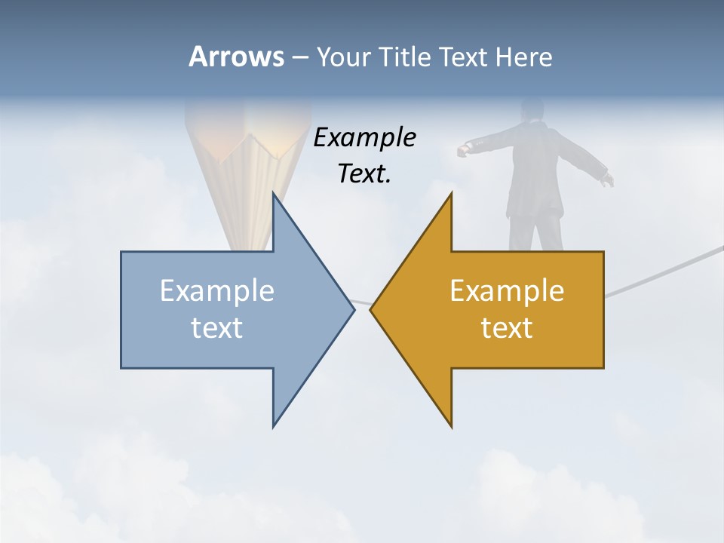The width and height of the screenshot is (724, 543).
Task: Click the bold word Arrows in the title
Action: (x=235, y=57)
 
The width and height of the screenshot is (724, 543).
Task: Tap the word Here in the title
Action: (x=523, y=57)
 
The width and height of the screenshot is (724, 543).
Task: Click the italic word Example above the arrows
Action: (x=365, y=137)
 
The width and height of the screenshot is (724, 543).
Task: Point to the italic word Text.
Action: (x=365, y=173)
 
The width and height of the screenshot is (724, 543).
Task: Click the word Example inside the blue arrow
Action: (x=217, y=290)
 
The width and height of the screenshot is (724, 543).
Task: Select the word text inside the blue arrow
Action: (x=217, y=328)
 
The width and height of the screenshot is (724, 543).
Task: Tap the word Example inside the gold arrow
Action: (x=507, y=290)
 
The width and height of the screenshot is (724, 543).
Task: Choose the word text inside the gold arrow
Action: (x=507, y=328)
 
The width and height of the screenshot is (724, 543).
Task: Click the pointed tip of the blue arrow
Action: (x=354, y=308)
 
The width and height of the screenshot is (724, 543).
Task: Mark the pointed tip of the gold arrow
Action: (x=371, y=309)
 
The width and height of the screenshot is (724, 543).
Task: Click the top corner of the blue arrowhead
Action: (x=274, y=194)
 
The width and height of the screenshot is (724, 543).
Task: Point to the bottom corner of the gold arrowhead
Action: (x=451, y=427)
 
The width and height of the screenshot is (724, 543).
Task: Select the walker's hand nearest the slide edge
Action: (x=607, y=179)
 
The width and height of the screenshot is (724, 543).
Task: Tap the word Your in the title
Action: (x=343, y=57)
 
